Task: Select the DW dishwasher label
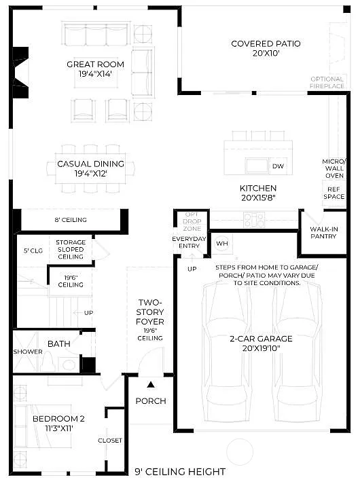[278, 166]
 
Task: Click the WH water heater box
[222, 243]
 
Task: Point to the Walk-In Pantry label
[324, 232]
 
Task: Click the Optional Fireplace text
[327, 82]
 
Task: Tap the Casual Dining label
[90, 168]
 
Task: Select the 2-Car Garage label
[261, 343]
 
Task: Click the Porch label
[151, 401]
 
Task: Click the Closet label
[110, 441]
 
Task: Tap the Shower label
[23, 352]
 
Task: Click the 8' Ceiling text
[70, 220]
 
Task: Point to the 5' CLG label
[33, 250]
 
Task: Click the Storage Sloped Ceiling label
[71, 249]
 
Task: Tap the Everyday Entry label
[190, 242]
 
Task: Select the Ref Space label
[334, 193]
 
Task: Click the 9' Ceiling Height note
[179, 472]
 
